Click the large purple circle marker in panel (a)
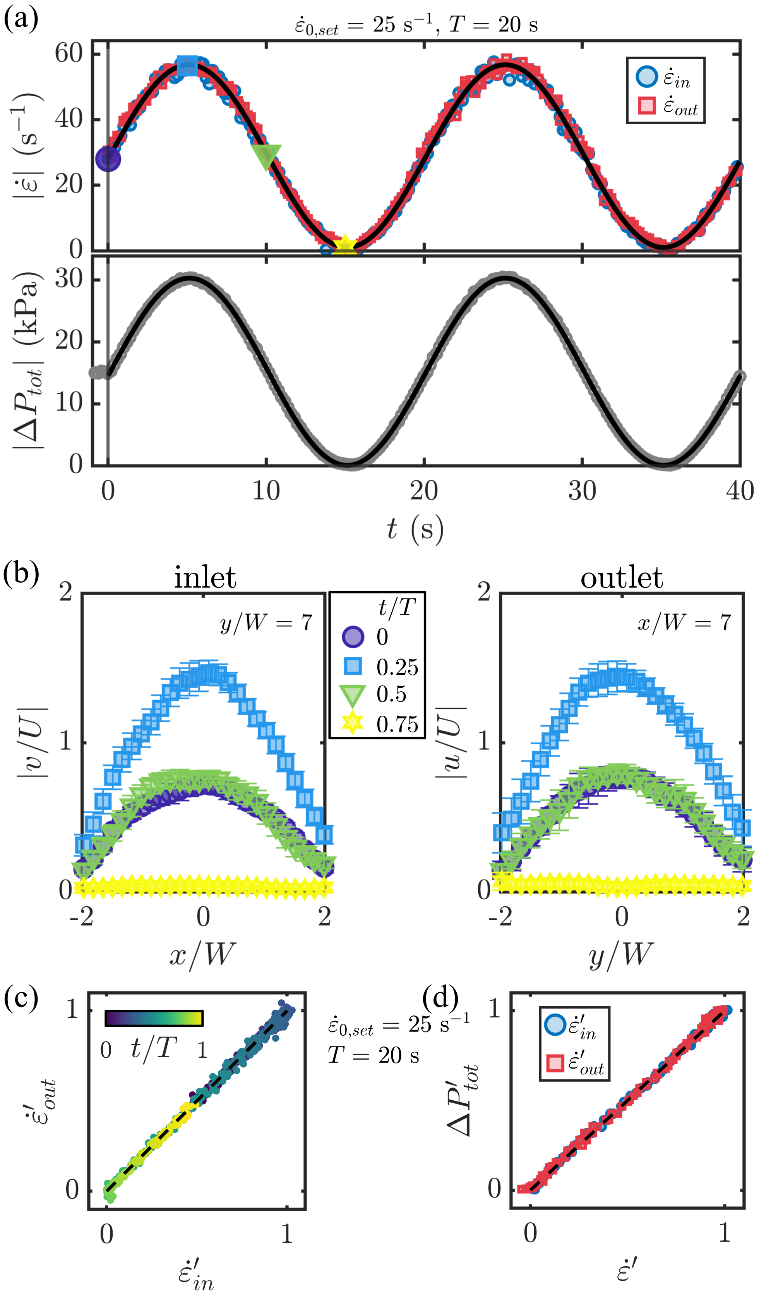click(x=108, y=159)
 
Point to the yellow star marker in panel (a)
click(x=345, y=246)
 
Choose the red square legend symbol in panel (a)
click(x=646, y=106)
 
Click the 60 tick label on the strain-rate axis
click(x=69, y=53)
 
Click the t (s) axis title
click(x=415, y=529)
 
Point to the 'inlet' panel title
click(x=205, y=577)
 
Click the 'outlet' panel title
click(x=622, y=577)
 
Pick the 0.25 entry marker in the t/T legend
click(x=353, y=667)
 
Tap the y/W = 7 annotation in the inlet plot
click(x=266, y=623)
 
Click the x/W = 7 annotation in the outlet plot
click(x=684, y=623)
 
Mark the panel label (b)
click(x=21, y=574)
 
